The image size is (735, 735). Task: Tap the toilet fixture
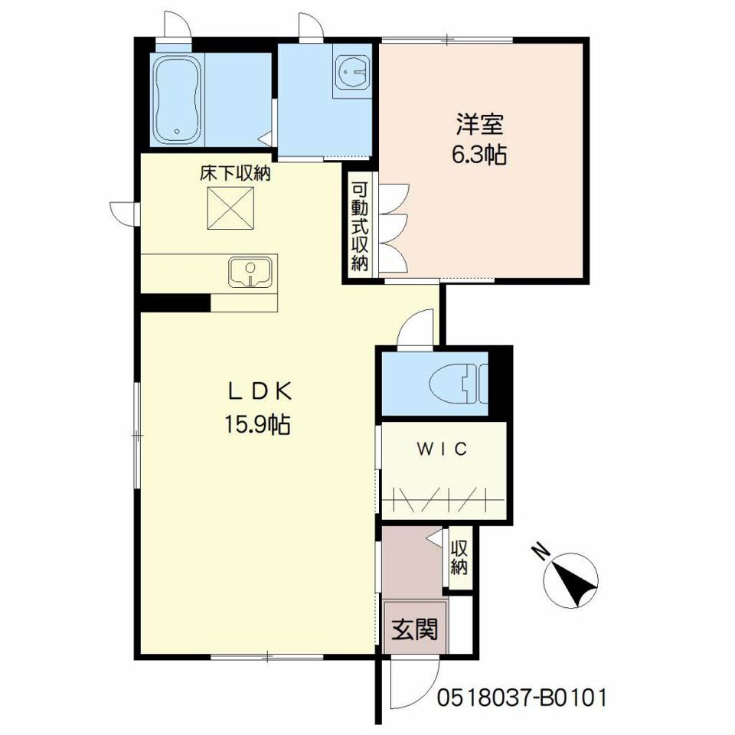point(459,384)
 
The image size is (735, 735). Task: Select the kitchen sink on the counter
point(251,271)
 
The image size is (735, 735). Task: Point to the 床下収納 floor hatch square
point(230,208)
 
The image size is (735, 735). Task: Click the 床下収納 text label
point(235,174)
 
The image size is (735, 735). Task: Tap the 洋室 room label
point(480,124)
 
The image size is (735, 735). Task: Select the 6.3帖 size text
point(479,154)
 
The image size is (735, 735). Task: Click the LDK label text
point(260,392)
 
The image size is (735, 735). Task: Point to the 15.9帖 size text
point(257,425)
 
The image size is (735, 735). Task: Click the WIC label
point(442,449)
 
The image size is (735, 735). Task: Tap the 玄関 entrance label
point(415,629)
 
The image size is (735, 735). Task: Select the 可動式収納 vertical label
point(360,227)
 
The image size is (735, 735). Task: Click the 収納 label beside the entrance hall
point(459,558)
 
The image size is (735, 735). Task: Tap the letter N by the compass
point(542,552)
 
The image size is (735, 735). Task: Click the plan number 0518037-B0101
point(521,697)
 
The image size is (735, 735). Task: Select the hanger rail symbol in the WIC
point(443,500)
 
